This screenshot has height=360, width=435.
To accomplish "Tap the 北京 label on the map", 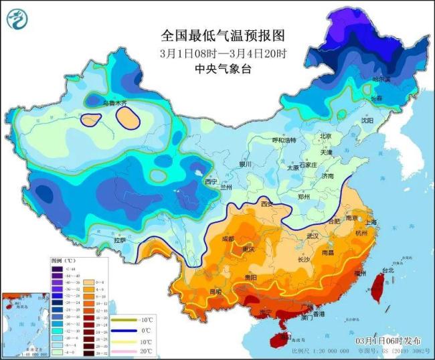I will pos(326,136).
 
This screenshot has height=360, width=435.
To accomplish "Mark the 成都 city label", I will pos(228,239).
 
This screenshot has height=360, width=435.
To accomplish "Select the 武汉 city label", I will pos(312,236).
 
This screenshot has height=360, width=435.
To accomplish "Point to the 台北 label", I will pos(388,271).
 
